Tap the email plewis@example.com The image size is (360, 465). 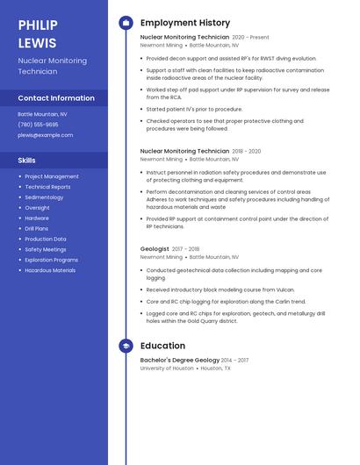(45, 135)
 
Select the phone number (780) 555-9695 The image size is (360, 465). (38, 125)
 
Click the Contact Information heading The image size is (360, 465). (56, 98)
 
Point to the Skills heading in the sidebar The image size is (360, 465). (27, 161)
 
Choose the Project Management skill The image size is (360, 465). (52, 176)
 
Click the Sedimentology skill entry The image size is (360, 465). (44, 197)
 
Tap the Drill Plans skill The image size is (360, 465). (38, 228)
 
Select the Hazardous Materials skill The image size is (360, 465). (50, 270)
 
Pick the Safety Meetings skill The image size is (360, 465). (46, 249)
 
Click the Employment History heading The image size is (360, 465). (185, 23)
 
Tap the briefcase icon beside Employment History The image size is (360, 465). (126, 23)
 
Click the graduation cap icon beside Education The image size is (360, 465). (126, 346)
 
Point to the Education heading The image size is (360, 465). (162, 346)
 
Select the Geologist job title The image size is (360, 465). (155, 249)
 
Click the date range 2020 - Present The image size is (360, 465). (250, 38)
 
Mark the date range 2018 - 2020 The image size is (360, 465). (246, 151)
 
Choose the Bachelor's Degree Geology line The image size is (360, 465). (180, 361)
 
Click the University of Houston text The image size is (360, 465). (167, 368)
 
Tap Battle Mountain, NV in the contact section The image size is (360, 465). (42, 114)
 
